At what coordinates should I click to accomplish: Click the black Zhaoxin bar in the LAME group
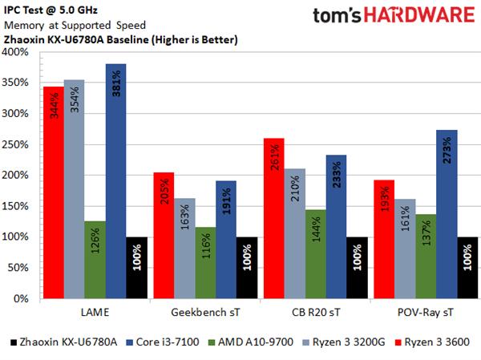[136, 269]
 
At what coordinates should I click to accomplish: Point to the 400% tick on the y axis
[18, 53]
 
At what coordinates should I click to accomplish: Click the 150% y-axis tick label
[18, 206]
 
